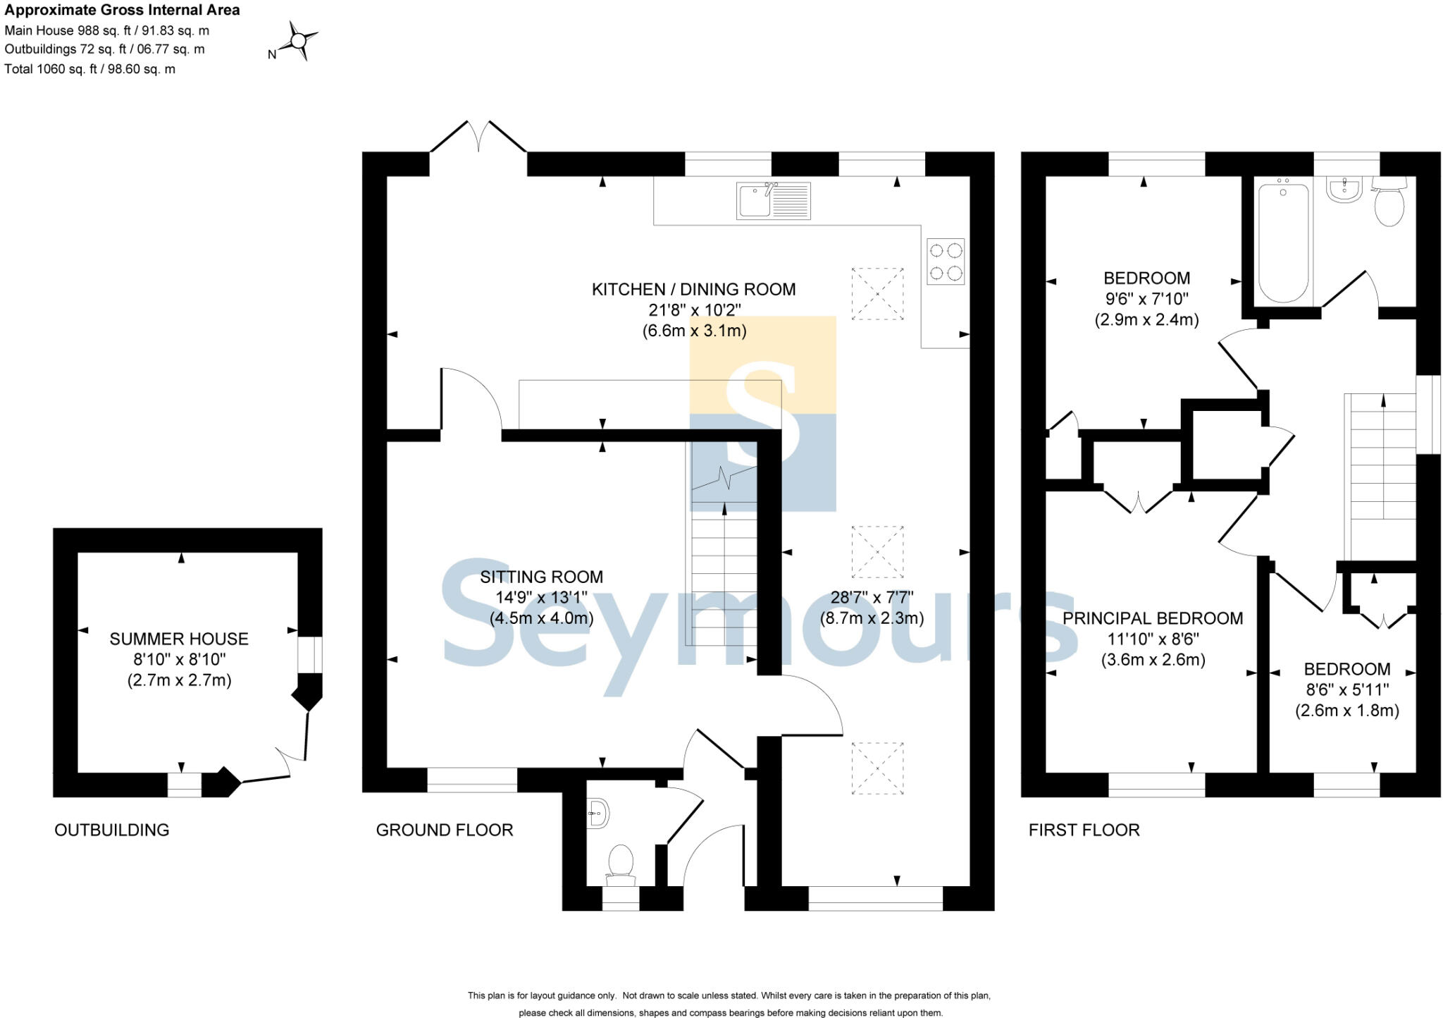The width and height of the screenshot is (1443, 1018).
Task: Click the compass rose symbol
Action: coord(298,42)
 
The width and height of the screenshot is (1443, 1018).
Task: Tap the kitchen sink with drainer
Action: coord(773,200)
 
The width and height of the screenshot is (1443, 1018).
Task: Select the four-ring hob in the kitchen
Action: coord(946,262)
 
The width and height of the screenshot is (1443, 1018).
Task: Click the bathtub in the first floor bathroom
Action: coord(1283,242)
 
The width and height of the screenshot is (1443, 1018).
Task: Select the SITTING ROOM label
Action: coord(541,577)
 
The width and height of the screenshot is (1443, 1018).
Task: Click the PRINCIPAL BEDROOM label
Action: coord(1153,618)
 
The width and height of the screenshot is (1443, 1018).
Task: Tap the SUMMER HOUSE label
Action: coord(179,639)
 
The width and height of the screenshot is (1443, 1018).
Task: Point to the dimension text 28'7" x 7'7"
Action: coord(872,598)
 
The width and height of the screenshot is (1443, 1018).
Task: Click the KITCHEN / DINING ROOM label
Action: coord(693,289)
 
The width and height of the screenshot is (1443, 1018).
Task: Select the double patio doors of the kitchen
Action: coord(478,137)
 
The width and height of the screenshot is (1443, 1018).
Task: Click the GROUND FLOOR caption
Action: coord(444,830)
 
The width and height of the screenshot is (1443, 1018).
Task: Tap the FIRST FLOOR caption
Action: coord(1084,830)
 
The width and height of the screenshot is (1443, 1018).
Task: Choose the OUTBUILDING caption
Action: coord(111,830)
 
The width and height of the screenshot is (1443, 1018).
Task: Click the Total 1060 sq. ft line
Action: coord(89,69)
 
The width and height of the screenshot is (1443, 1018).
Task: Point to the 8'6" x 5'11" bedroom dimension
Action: coord(1346,689)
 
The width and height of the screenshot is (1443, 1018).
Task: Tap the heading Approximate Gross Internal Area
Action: coord(122,10)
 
